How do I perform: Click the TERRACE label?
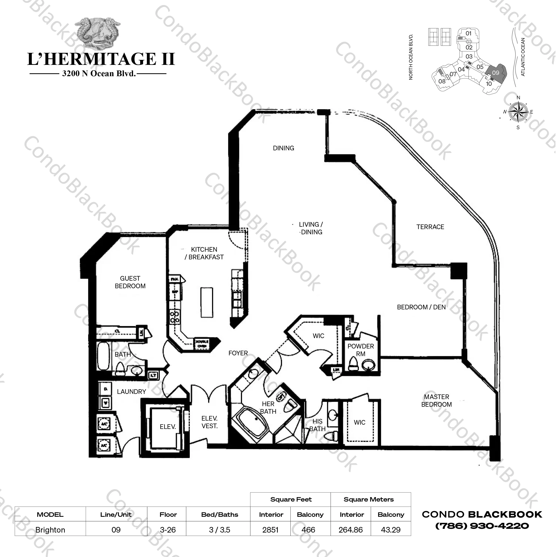pyautogui.click(x=430, y=227)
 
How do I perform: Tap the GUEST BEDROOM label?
pyautogui.click(x=130, y=282)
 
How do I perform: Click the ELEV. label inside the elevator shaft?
pyautogui.click(x=168, y=427)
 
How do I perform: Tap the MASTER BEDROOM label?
pyautogui.click(x=436, y=401)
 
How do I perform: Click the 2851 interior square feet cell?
pyautogui.click(x=270, y=530)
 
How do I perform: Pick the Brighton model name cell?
pyautogui.click(x=50, y=530)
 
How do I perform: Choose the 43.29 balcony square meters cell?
pyautogui.click(x=391, y=530)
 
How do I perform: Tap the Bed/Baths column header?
pyautogui.click(x=219, y=515)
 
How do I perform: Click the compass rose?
pyautogui.click(x=518, y=112)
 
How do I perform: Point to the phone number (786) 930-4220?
pyautogui.click(x=482, y=526)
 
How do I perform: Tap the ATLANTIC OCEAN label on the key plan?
pyautogui.click(x=523, y=57)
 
